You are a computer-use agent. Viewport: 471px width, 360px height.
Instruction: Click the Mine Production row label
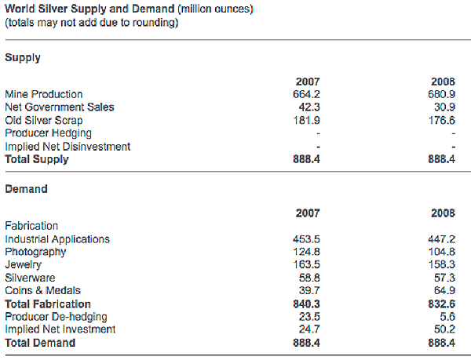pos(43,94)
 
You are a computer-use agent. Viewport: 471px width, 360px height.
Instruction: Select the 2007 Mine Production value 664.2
pos(307,94)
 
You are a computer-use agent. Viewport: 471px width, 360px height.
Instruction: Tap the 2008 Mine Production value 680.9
pos(443,94)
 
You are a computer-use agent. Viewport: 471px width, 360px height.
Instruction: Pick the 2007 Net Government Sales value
pos(310,107)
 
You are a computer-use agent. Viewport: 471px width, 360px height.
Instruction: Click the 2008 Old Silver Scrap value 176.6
pos(443,120)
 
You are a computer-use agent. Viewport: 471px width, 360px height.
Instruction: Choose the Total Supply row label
pos(37,159)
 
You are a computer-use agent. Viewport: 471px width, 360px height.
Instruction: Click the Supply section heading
pos(23,57)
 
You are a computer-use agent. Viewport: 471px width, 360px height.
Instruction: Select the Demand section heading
pos(27,189)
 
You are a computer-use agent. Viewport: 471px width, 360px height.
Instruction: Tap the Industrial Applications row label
pos(57,239)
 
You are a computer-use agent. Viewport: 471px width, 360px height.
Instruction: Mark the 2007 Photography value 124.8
pos(307,252)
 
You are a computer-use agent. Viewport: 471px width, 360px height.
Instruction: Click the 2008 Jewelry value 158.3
pos(443,265)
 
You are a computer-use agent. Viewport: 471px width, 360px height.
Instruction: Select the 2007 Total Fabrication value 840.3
pos(307,304)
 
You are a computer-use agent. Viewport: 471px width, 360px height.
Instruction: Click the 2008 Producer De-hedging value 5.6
pos(449,317)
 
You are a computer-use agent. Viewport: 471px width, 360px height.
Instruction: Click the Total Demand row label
pos(40,343)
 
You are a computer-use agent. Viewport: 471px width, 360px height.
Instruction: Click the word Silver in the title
pos(53,9)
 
